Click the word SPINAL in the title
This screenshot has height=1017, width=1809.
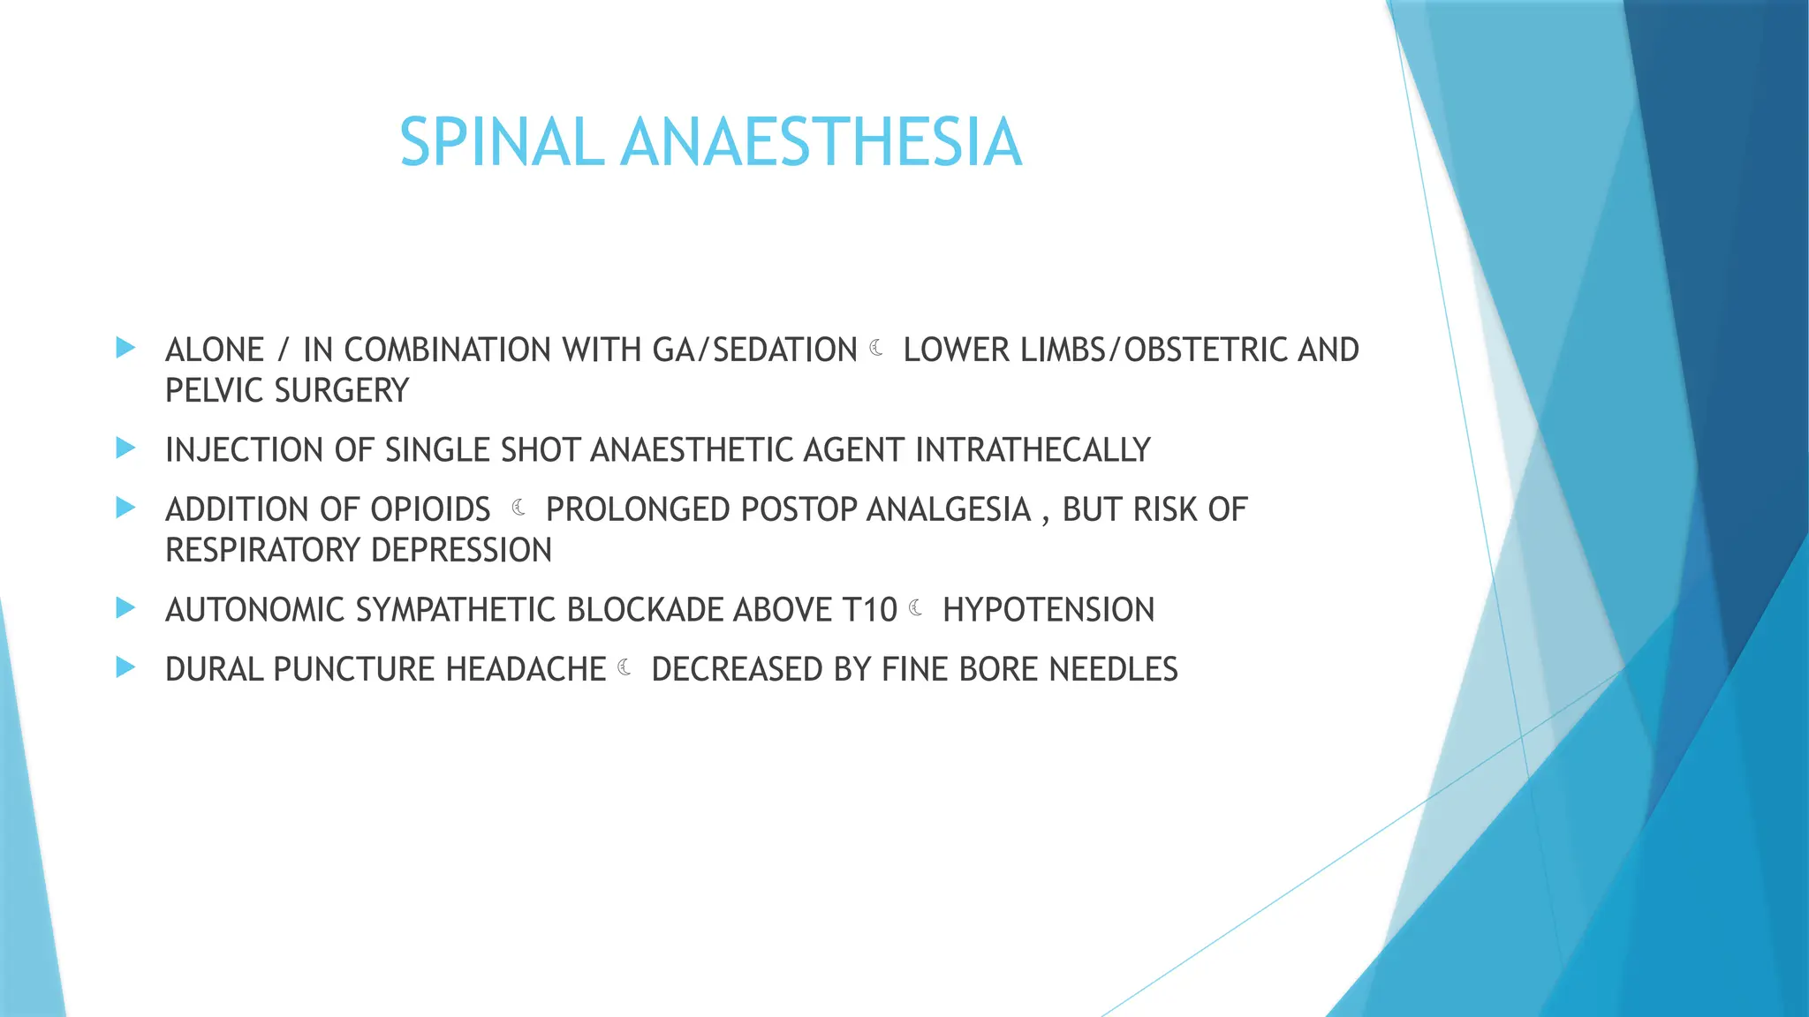tap(502, 142)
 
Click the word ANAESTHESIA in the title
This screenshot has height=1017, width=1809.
tap(821, 142)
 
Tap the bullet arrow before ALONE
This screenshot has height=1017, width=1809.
tap(125, 348)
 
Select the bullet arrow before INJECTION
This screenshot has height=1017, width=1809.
tap(125, 448)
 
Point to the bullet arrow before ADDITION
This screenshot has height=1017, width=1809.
tap(125, 508)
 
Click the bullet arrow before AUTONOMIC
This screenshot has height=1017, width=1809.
tap(125, 608)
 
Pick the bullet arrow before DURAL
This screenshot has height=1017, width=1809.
tap(125, 667)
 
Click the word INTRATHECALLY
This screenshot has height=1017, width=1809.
tap(1033, 450)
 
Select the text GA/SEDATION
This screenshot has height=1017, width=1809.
tap(754, 350)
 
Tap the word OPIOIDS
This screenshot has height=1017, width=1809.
tap(430, 510)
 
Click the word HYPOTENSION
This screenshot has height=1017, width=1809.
tap(1048, 610)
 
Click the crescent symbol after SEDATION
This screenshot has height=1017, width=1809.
tap(876, 349)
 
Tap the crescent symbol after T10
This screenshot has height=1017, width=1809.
tap(916, 607)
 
